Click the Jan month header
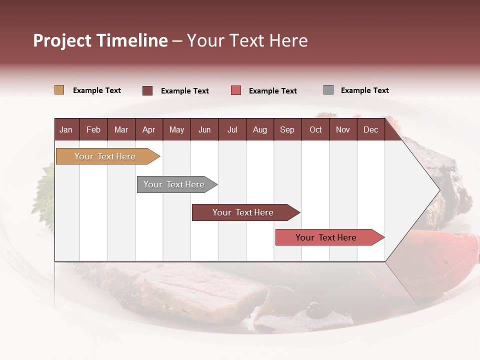pos(66,129)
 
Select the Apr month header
pos(149,129)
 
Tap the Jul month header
pos(232,129)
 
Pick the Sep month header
pos(287,129)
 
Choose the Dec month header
pos(370,129)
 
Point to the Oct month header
pos(315,129)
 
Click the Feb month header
pos(93,129)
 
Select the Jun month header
pos(204,129)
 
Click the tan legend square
pos(59,90)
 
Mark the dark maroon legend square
pos(147,90)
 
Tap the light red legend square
pos(236,90)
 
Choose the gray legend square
pos(328,90)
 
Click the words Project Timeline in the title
pos(100,40)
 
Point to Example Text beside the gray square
pos(364,90)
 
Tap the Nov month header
pos(343,129)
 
